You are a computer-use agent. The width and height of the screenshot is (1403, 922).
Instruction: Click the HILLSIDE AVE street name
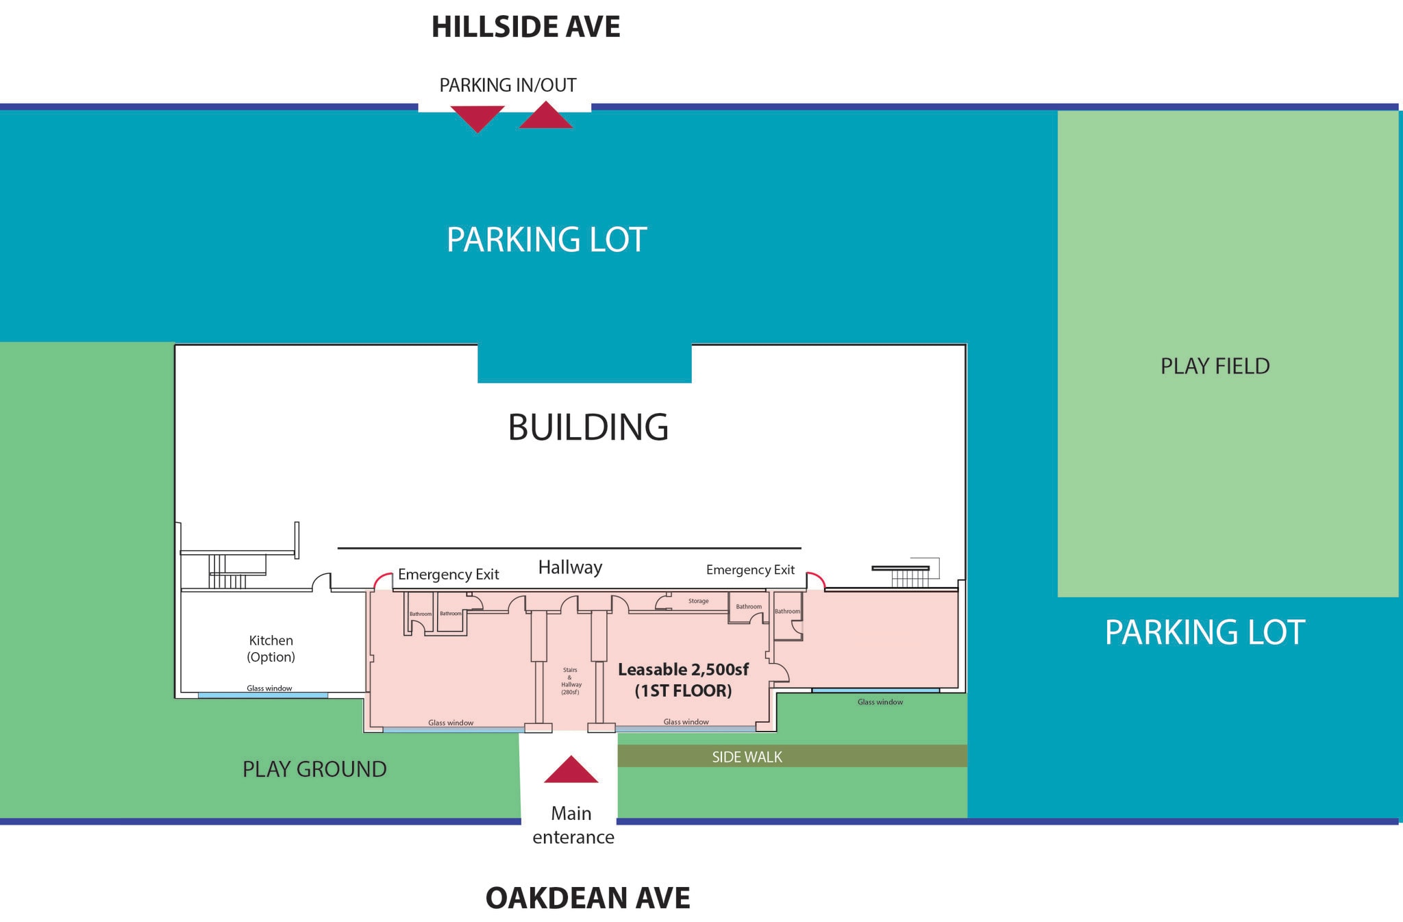click(525, 27)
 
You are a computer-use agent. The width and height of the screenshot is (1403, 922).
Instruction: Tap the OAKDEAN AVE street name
click(588, 898)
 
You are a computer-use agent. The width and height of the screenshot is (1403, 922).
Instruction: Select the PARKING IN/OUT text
click(508, 85)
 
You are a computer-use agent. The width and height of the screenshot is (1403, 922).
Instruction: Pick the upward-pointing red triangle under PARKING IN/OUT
click(546, 116)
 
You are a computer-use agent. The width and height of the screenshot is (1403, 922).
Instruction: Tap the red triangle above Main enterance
click(571, 771)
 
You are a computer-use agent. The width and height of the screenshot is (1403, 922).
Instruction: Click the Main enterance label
click(573, 825)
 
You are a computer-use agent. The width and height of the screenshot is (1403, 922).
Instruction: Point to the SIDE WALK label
click(747, 757)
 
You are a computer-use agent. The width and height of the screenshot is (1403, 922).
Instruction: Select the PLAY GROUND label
click(314, 769)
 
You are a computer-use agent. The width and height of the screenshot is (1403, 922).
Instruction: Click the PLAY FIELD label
click(1215, 366)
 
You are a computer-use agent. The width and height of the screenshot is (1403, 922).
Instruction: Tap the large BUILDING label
click(588, 427)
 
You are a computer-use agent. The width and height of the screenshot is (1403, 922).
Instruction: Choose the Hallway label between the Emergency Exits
click(570, 568)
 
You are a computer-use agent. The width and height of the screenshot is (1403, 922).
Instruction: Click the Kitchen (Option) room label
click(271, 649)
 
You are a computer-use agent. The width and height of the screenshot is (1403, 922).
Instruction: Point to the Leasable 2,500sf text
click(683, 669)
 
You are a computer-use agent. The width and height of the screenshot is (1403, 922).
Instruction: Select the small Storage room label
click(699, 601)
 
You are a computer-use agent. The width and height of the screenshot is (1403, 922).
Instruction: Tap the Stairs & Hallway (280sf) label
click(571, 681)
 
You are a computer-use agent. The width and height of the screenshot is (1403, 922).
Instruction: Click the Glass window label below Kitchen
click(269, 688)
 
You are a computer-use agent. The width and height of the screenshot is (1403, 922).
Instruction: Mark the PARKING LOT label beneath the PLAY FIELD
click(1205, 632)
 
